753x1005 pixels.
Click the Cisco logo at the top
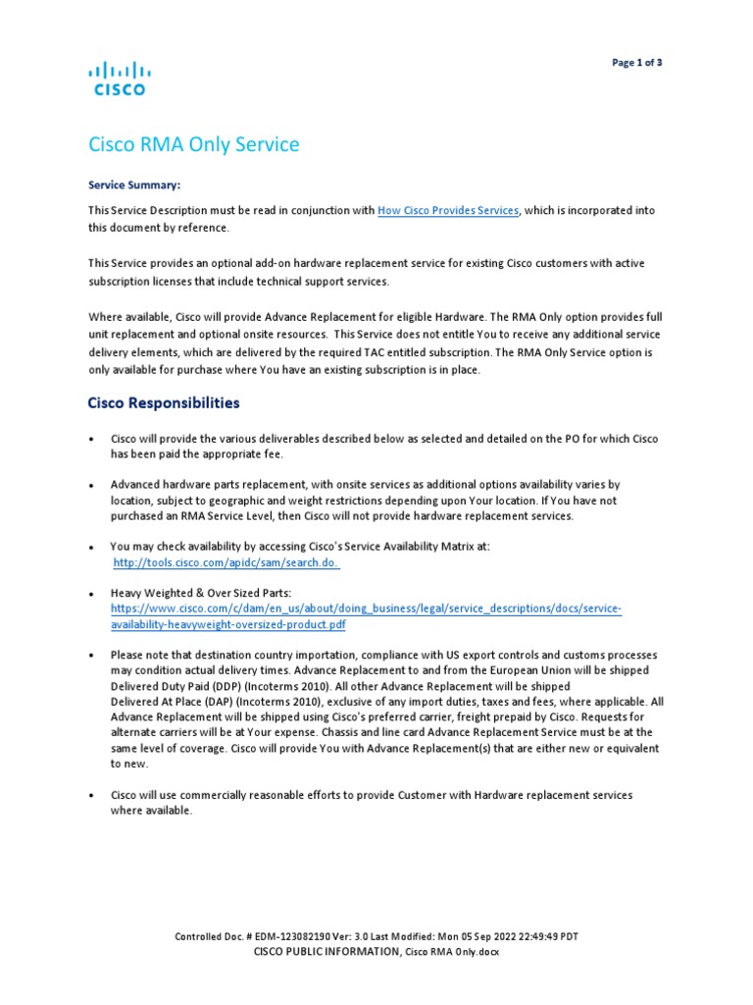click(120, 79)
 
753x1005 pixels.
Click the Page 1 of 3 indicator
click(637, 63)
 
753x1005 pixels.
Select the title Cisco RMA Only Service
click(193, 145)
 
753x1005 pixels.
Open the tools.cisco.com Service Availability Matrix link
click(226, 563)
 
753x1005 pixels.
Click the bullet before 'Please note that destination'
click(91, 655)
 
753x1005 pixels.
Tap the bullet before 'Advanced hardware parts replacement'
click(91, 486)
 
